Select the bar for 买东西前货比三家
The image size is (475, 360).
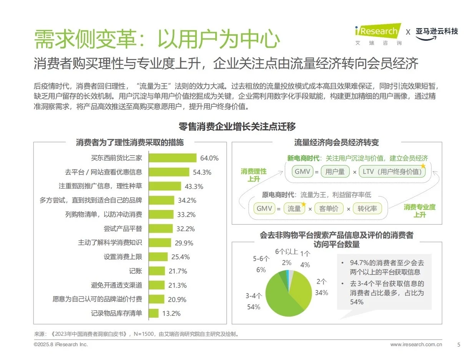pos(173,158)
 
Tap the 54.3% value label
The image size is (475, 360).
pos(202,172)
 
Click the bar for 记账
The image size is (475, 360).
pos(157,271)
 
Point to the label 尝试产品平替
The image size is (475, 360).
pos(123,229)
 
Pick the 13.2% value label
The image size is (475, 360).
pos(171,313)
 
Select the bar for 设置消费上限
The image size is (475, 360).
pos(158,257)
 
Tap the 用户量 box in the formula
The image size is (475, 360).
pos(335,172)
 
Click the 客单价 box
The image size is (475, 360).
pos(329,208)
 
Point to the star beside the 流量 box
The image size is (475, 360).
pos(303,204)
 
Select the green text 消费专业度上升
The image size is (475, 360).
pos(419,211)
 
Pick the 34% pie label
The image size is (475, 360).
pos(321,293)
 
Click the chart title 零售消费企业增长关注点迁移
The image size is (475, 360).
pos(237,127)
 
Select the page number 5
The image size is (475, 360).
pos(458,345)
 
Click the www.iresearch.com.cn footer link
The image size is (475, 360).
pos(416,345)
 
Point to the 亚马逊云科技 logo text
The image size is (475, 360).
pos(437,32)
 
